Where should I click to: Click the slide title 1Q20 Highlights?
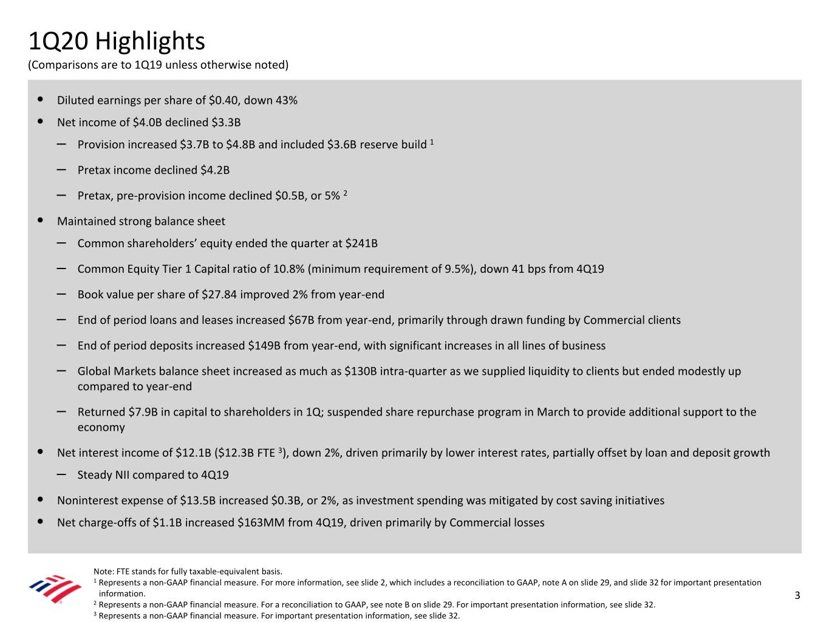(117, 41)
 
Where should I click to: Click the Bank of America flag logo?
(55, 589)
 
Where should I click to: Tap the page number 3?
(797, 595)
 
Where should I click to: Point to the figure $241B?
(361, 244)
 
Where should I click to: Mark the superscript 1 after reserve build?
(432, 142)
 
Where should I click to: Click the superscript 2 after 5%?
(345, 193)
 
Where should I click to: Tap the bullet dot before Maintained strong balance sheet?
(40, 221)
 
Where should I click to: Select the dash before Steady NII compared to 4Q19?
(61, 474)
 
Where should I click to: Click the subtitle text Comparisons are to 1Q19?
(158, 65)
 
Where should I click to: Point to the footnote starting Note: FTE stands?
(188, 571)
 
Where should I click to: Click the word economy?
(101, 427)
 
